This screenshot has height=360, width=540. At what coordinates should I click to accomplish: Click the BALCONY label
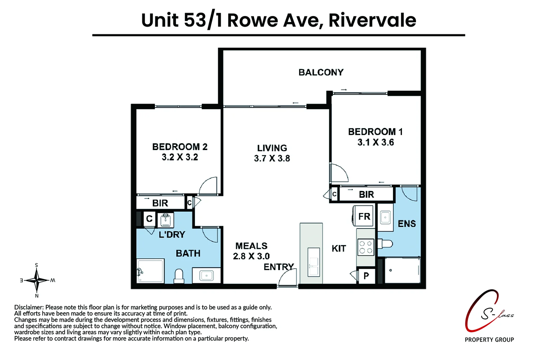(321, 72)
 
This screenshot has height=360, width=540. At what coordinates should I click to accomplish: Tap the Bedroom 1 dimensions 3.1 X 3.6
(376, 143)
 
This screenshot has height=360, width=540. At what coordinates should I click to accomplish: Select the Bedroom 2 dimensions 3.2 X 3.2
(180, 157)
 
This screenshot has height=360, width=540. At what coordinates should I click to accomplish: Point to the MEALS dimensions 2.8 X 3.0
(251, 256)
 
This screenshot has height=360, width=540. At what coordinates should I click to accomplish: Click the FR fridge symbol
(364, 216)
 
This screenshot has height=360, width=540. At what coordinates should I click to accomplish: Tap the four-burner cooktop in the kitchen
(365, 247)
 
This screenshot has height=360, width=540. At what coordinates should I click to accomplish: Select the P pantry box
(366, 276)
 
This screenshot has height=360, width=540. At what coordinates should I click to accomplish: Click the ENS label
(407, 224)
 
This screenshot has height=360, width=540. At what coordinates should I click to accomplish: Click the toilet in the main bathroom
(179, 276)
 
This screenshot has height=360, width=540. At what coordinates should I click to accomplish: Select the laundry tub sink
(165, 220)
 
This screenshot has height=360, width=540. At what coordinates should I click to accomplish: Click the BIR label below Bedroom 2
(160, 203)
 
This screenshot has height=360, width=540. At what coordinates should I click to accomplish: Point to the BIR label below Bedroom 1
(366, 194)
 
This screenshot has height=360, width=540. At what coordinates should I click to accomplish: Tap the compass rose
(37, 280)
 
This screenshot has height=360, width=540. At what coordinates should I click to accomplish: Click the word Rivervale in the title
(372, 20)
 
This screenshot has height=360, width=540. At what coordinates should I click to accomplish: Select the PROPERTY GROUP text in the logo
(489, 340)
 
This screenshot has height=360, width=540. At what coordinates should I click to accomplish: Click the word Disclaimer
(29, 307)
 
